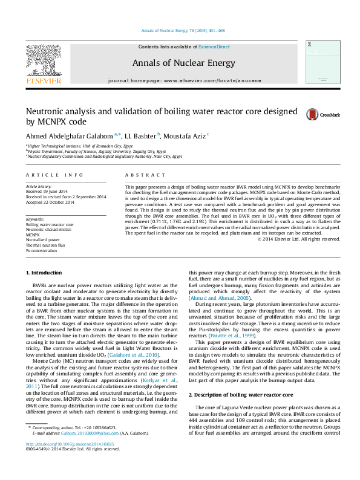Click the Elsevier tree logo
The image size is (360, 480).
click(43, 60)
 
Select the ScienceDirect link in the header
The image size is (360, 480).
click(214, 47)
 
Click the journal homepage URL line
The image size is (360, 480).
click(185, 80)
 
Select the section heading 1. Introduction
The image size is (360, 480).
click(46, 273)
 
